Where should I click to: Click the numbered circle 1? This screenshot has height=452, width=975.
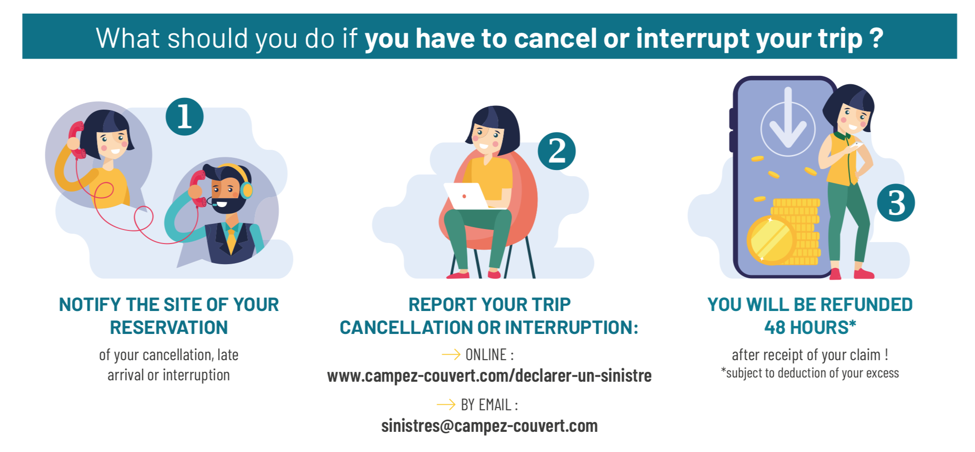pyautogui.click(x=184, y=117)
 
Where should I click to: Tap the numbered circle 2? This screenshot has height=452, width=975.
pyautogui.click(x=557, y=151)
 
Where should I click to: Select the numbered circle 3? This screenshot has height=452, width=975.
pyautogui.click(x=896, y=202)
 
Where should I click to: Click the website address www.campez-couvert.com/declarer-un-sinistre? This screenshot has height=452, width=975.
pyautogui.click(x=489, y=376)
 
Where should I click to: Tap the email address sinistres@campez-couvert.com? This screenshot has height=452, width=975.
pyautogui.click(x=489, y=426)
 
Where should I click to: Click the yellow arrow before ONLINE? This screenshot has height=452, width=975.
pyautogui.click(x=451, y=355)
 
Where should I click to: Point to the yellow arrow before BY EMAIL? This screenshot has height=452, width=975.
pyautogui.click(x=446, y=404)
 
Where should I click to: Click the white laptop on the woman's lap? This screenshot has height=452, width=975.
pyautogui.click(x=468, y=196)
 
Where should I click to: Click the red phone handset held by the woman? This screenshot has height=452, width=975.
pyautogui.click(x=76, y=140)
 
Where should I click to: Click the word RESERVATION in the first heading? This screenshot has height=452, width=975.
pyautogui.click(x=169, y=327)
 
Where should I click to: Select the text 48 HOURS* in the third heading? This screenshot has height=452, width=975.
pyautogui.click(x=810, y=327)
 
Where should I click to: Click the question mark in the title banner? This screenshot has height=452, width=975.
pyautogui.click(x=876, y=37)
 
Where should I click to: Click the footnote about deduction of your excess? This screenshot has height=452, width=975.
pyautogui.click(x=810, y=373)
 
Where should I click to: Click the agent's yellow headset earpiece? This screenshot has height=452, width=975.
pyautogui.click(x=246, y=190)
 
